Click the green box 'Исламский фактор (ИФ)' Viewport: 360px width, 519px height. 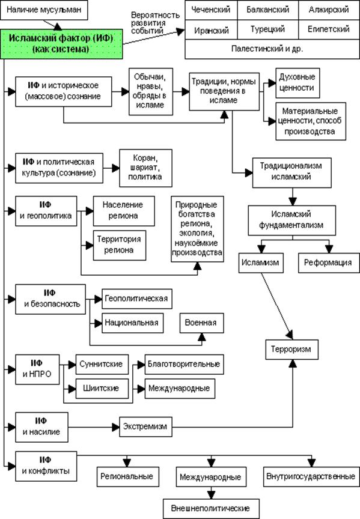(x=61, y=44)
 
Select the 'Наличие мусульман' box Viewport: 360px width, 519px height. (x=44, y=10)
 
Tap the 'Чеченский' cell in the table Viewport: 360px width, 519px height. (x=211, y=10)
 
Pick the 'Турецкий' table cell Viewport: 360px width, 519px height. (x=268, y=30)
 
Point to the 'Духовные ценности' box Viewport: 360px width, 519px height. (x=297, y=83)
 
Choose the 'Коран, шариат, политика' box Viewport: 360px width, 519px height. (x=145, y=168)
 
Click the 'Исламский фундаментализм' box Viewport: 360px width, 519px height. (x=291, y=220)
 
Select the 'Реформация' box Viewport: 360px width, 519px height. (x=329, y=263)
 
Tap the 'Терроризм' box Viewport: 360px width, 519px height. (x=291, y=349)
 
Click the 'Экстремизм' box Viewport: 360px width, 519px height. (x=145, y=426)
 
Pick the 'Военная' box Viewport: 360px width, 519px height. (x=202, y=323)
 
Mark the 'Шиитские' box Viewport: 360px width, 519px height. (x=102, y=388)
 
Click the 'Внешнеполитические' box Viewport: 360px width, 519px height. (x=211, y=509)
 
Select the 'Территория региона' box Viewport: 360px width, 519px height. (x=120, y=245)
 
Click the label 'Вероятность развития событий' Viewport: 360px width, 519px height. (x=155, y=23)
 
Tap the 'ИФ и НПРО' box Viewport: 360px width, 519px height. (x=37, y=369)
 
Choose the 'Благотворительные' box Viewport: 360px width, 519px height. (x=184, y=365)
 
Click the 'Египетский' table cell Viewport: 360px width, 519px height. (x=329, y=30)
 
